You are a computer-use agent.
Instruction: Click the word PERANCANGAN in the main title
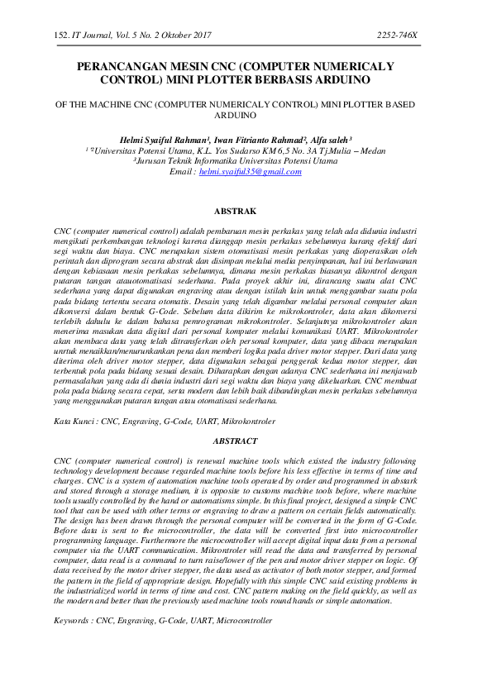pyautogui.click(x=121, y=67)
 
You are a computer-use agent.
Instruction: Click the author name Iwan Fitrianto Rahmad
pyautogui.click(x=250, y=141)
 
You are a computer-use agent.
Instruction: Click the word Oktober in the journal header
pyautogui.click(x=170, y=36)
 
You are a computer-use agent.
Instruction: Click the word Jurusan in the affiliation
pyautogui.click(x=154, y=162)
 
